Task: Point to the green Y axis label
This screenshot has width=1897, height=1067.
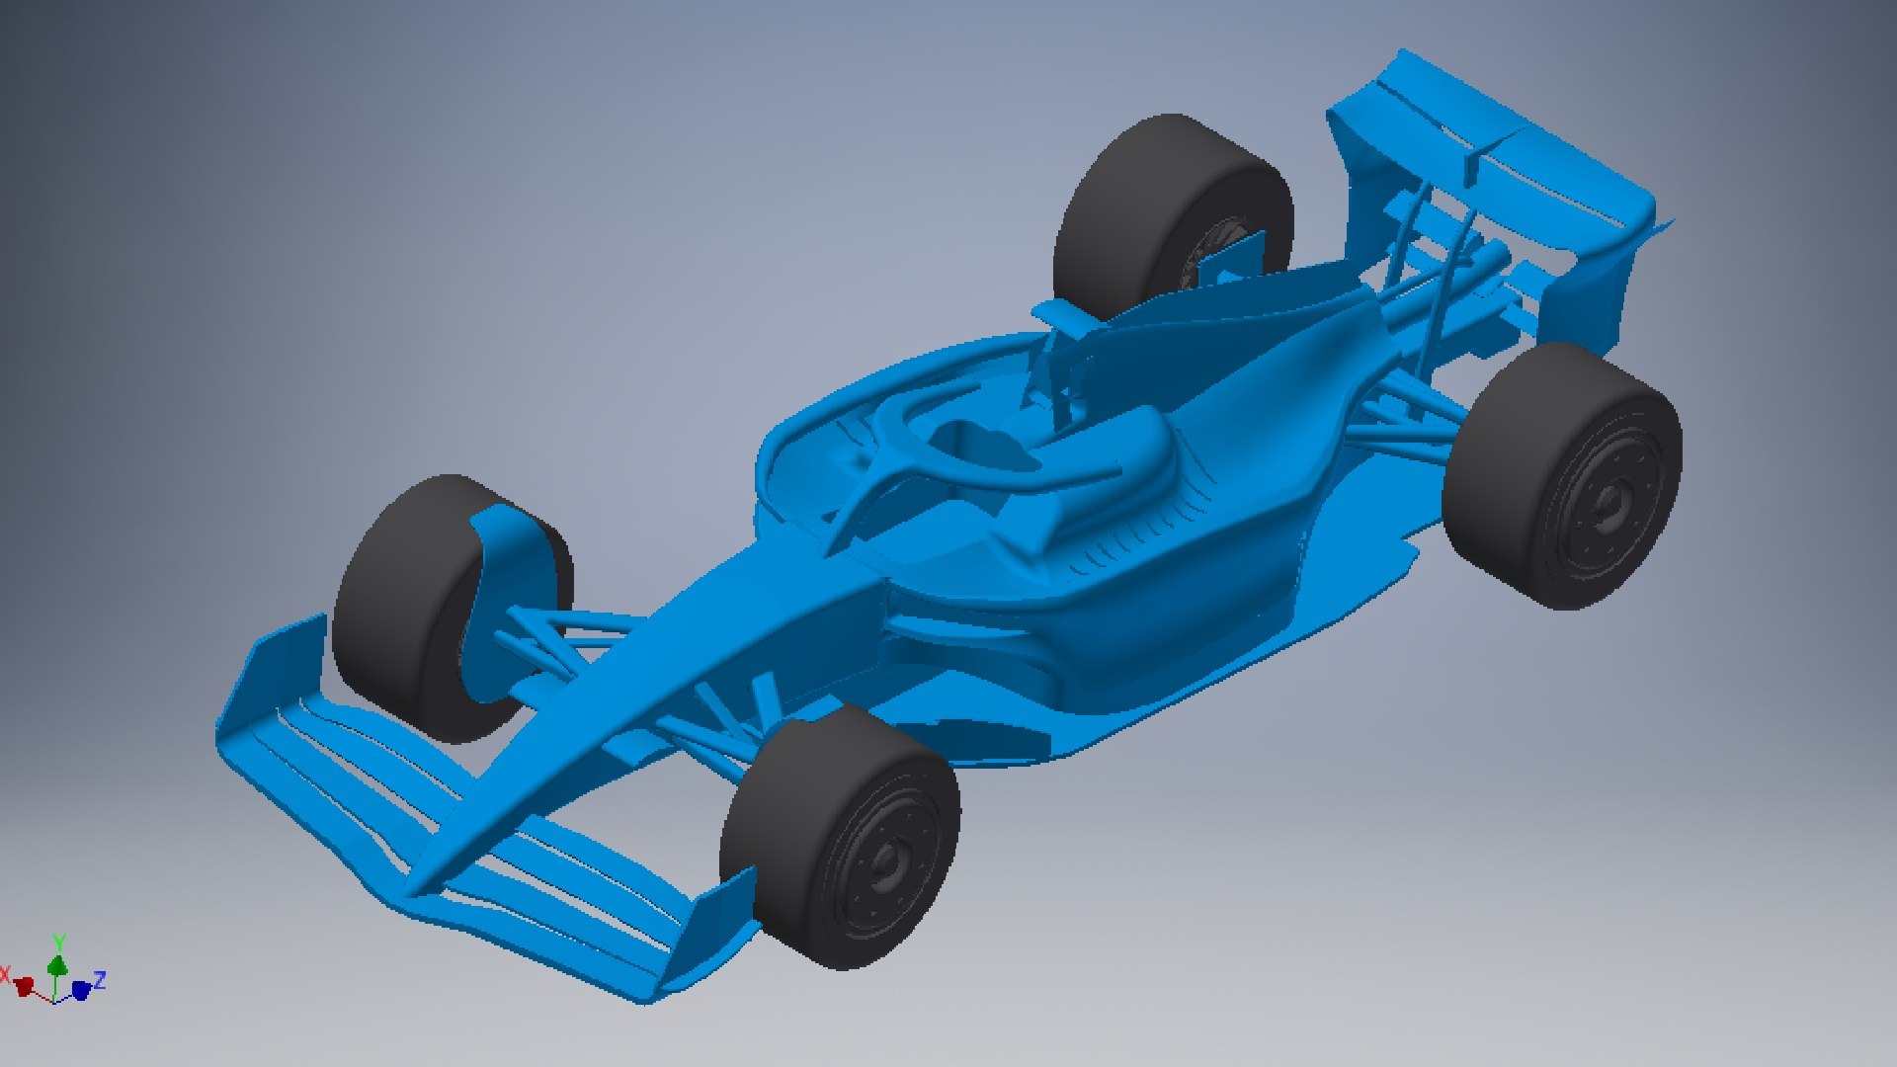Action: pos(59,942)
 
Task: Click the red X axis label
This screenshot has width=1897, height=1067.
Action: pos(5,976)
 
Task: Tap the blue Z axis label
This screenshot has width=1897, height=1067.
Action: pos(100,980)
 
